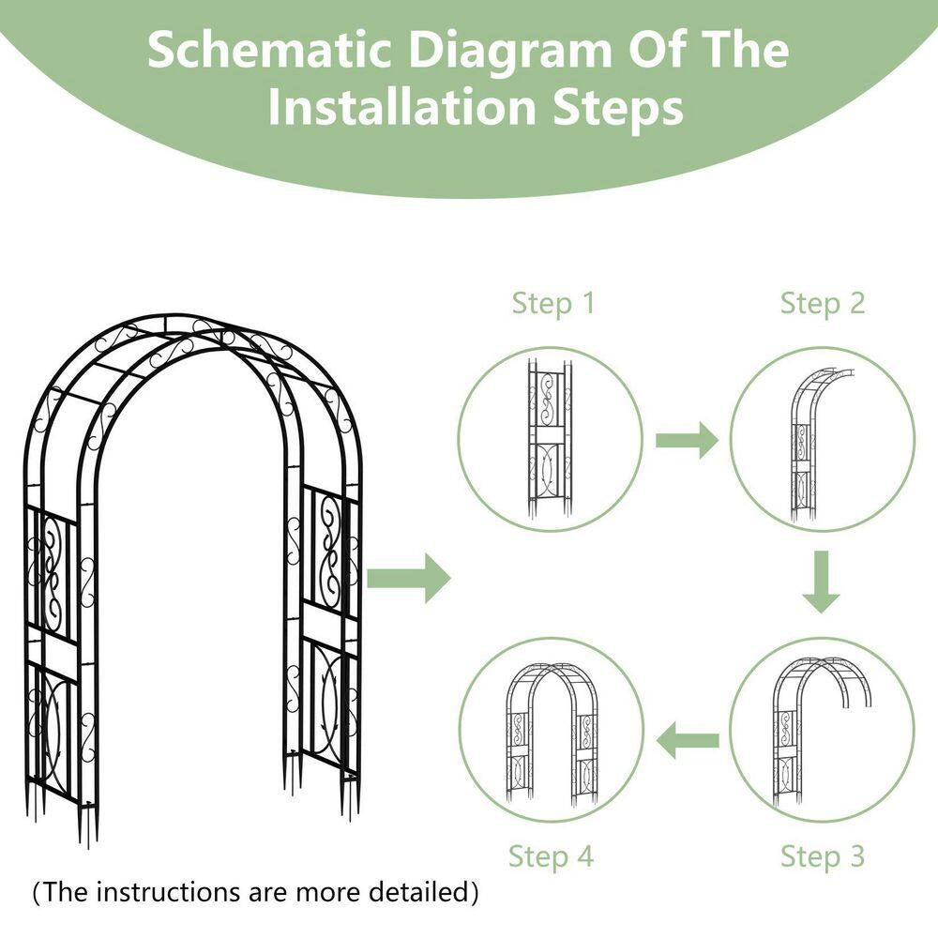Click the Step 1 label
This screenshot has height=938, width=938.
point(553,303)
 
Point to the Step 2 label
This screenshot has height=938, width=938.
point(823,303)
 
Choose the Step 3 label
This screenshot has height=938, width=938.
point(823,855)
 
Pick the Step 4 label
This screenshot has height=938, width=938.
point(552,855)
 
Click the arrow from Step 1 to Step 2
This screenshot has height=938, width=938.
point(686,439)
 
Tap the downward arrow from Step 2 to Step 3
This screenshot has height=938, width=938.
point(822,582)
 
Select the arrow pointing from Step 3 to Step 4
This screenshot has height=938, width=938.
point(687,741)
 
